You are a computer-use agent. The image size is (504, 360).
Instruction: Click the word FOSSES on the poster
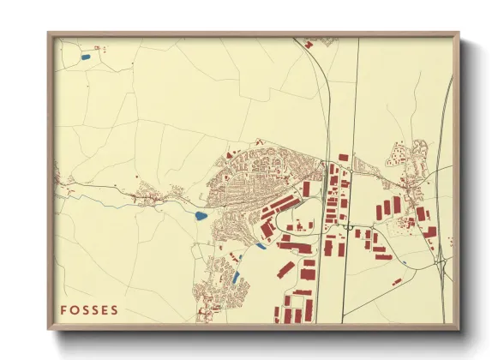pos(90,309)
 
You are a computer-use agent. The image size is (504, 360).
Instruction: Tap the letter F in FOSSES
pos(64,309)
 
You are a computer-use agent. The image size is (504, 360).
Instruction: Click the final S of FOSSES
pos(116,309)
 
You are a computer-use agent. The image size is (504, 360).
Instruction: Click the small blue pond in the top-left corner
pos(85,57)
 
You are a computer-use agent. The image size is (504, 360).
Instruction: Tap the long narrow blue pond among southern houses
pos(236,277)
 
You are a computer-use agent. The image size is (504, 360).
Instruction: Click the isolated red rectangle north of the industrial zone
pos(343,157)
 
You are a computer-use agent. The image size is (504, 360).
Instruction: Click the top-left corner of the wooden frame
pos(49,34)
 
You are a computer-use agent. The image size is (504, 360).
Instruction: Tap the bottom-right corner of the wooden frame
pos(459,330)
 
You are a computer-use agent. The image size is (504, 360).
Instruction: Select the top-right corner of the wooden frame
pos(459,34)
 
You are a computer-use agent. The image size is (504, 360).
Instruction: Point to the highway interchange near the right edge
pos(441,257)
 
